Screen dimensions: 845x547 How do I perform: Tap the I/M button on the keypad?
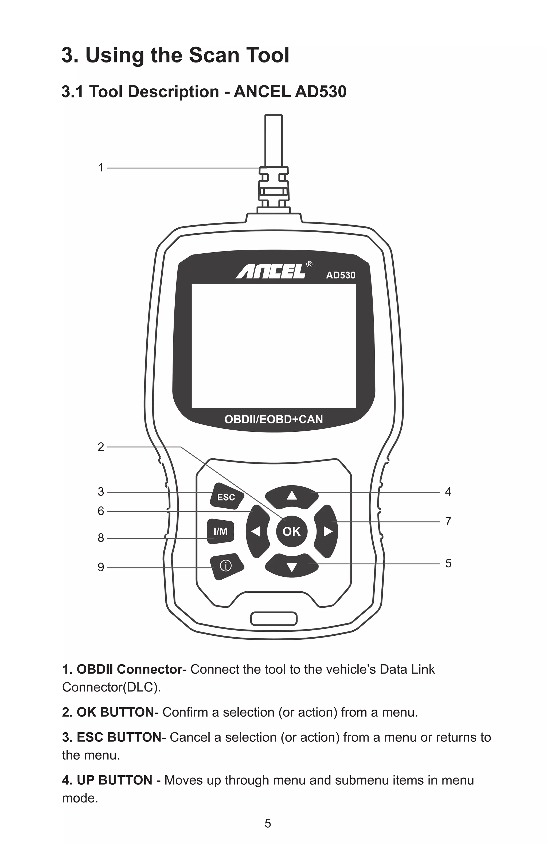pyautogui.click(x=221, y=532)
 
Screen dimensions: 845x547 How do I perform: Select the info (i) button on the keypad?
pyautogui.click(x=226, y=566)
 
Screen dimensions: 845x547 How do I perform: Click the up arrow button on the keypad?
pyautogui.click(x=292, y=496)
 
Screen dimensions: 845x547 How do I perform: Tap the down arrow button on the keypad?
pyautogui.click(x=292, y=567)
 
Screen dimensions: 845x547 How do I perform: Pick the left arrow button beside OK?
pyautogui.click(x=256, y=532)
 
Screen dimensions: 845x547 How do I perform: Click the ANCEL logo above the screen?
pyautogui.click(x=271, y=272)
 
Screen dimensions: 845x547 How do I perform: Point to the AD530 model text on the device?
pyautogui.click(x=341, y=275)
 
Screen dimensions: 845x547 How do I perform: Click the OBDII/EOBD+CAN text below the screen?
pyautogui.click(x=273, y=419)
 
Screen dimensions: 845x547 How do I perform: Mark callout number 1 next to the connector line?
pyautogui.click(x=101, y=168)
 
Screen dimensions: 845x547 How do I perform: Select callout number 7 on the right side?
pyautogui.click(x=448, y=521)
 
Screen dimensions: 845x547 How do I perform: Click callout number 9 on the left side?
pyautogui.click(x=101, y=567)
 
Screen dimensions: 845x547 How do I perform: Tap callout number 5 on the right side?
pyautogui.click(x=448, y=563)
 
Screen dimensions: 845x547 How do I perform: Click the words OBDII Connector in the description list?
pyautogui.click(x=129, y=669)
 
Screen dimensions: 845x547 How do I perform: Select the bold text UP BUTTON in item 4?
pyautogui.click(x=114, y=780)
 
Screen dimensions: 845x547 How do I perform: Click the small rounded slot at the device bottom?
pyautogui.click(x=273, y=619)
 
